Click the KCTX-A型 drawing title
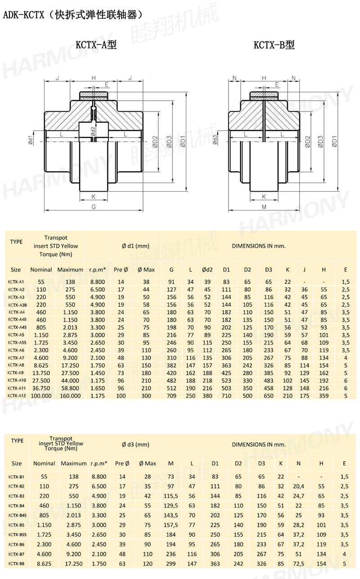96,45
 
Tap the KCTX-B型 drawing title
274,45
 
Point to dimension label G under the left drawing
94,207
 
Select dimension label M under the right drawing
264,207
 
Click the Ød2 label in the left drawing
93,131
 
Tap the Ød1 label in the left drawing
31,140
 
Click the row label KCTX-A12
16,396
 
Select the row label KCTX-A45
16,327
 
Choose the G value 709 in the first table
171,396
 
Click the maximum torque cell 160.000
70,396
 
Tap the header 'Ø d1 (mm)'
135,246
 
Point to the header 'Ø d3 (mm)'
135,444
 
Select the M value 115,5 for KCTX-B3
171,496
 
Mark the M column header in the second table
171,463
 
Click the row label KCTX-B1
16,476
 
